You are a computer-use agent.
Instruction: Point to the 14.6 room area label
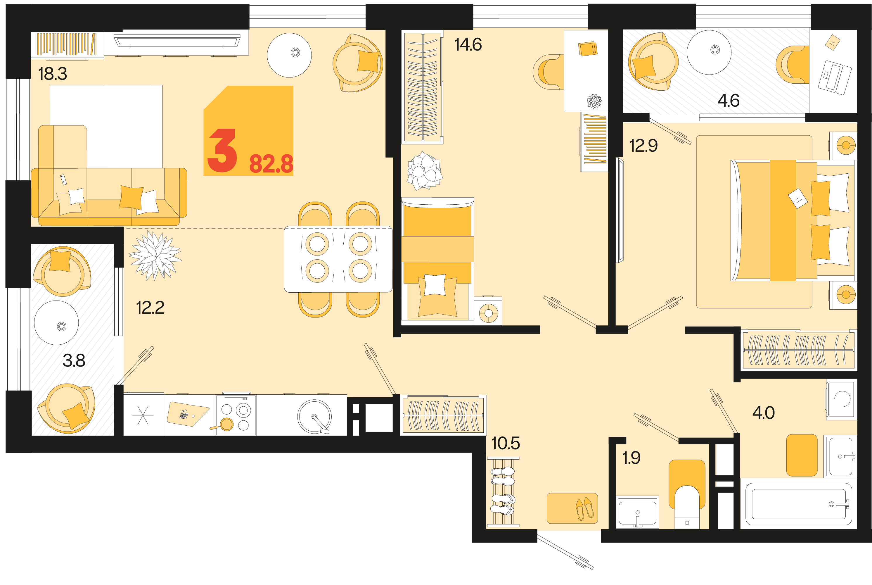[x=468, y=44]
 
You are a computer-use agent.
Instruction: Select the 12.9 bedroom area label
[x=643, y=146]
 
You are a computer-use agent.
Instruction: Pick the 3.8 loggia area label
[x=74, y=360]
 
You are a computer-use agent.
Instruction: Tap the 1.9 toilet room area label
[x=631, y=458]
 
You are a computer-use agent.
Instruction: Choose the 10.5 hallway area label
[x=506, y=443]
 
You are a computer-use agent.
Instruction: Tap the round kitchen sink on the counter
[x=314, y=417]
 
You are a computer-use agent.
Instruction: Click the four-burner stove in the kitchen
[x=236, y=415]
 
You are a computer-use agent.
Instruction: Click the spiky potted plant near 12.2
[x=155, y=256]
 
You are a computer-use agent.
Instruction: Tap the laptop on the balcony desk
[x=834, y=77]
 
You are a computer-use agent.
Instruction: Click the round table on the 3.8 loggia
[x=56, y=323]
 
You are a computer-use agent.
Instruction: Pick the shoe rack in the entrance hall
[x=503, y=492]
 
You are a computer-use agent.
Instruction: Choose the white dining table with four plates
[x=338, y=259]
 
